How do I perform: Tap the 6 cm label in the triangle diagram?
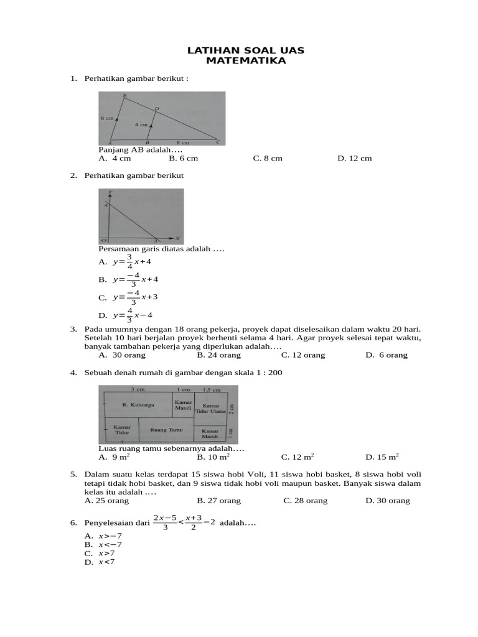[x=106, y=118]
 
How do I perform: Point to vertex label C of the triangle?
[x=217, y=142]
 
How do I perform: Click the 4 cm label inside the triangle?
[x=141, y=124]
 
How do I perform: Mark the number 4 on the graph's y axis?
[x=106, y=205]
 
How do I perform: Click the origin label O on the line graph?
[x=103, y=239]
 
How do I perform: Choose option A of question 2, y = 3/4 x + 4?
[x=125, y=262]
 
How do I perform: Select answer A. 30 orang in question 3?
[x=122, y=355]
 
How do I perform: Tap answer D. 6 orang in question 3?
[x=387, y=355]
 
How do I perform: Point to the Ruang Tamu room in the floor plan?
[x=166, y=430]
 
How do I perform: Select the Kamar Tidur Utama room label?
[x=210, y=408]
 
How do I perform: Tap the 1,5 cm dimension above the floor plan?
[x=212, y=389]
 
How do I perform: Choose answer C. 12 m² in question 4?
[x=298, y=457]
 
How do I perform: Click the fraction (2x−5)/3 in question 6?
[x=165, y=523]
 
